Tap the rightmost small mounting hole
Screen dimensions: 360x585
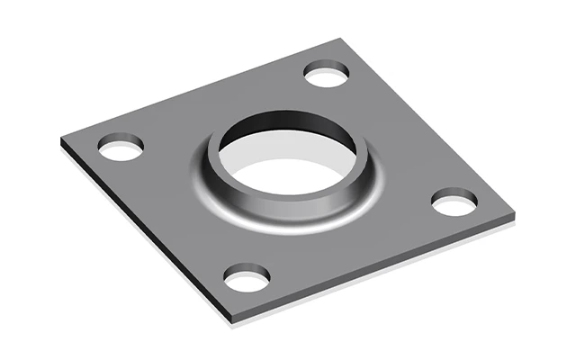(x=453, y=202)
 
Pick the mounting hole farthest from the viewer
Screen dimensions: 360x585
(x=327, y=74)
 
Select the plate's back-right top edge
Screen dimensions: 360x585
(x=432, y=126)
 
